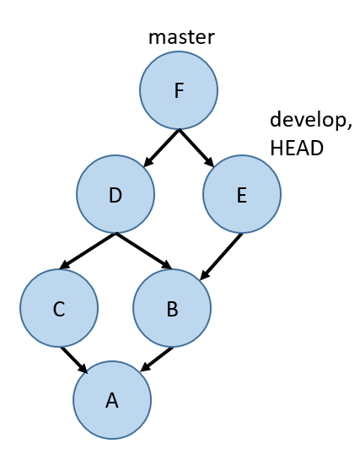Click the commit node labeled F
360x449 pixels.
pos(179,90)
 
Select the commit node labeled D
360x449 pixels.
pos(116,194)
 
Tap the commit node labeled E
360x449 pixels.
pos(242,194)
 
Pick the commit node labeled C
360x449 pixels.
pos(59,308)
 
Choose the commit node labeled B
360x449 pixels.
pos(172,308)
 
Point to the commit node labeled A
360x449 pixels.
pos(112,400)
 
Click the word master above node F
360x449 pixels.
pos(181,37)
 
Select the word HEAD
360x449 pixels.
pos(297,148)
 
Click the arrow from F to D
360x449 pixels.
pos(161,148)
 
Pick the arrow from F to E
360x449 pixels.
pos(196,148)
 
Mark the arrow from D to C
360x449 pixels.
pos(88,252)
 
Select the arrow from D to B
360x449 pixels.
pos(144,252)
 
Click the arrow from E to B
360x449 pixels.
pos(221,257)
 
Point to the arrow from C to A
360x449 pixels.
pos(74,360)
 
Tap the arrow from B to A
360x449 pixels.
pos(157,360)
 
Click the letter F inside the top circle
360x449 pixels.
pos(179,90)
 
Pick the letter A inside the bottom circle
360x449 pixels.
pos(112,400)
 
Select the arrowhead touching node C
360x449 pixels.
pos(65,265)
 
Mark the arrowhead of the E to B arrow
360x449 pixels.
pos(205,274)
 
